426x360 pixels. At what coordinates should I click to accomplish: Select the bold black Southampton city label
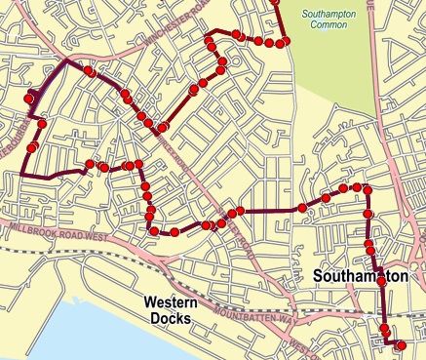tap(360, 278)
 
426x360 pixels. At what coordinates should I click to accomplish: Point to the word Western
tap(172, 301)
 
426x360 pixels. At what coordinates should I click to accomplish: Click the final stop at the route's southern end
tap(402, 344)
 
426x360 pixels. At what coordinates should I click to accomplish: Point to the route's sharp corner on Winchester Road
tap(66, 60)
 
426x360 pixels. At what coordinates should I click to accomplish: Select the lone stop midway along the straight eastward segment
tap(302, 208)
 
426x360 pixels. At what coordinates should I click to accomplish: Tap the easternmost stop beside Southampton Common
tap(285, 42)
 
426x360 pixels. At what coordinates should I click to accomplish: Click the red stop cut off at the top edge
tap(275, 2)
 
